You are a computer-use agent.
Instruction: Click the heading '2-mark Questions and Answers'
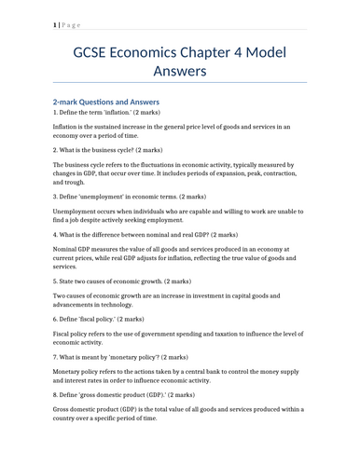[x=106, y=101]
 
